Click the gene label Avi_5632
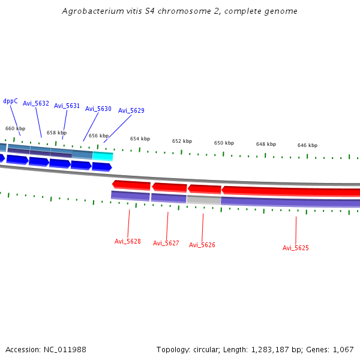tap(36, 103)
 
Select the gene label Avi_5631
tap(67, 106)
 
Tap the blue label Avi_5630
tap(98, 109)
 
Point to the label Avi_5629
tap(131, 110)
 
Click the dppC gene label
tap(10, 101)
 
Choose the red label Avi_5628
tap(127, 241)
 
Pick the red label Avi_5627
tap(166, 243)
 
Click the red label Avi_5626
tap(202, 245)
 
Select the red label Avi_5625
tap(295, 248)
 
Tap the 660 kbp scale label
tap(15, 128)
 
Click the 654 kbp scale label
tap(140, 139)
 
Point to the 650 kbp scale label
tap(224, 143)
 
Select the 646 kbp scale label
tap(307, 145)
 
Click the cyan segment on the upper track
tap(103, 156)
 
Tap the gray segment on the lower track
tap(203, 199)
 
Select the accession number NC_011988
tap(65, 349)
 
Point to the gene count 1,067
tap(342, 349)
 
